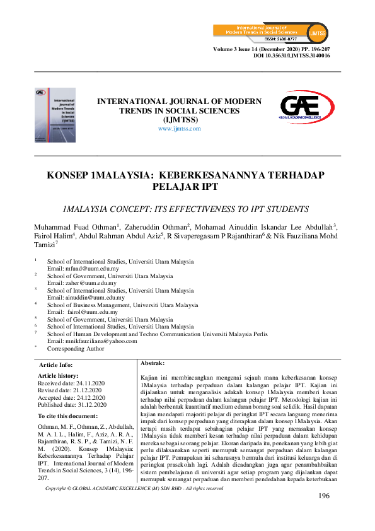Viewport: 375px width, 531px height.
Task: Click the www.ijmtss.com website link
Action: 179,129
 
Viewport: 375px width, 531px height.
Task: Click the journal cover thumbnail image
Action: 55,114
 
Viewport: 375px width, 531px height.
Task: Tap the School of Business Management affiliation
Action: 123,305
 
